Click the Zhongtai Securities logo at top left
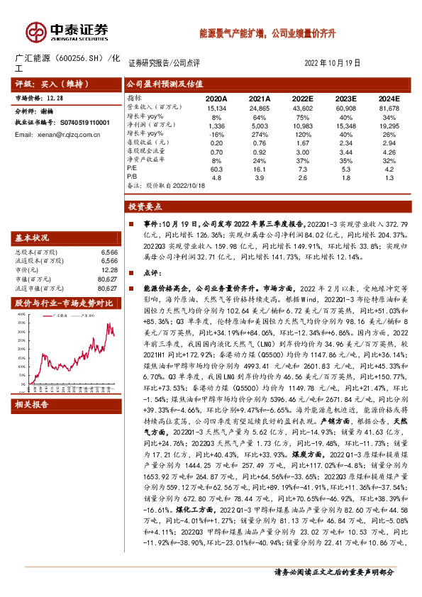67,31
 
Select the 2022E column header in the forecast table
301,99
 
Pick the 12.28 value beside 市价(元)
109,269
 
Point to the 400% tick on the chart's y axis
20,313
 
